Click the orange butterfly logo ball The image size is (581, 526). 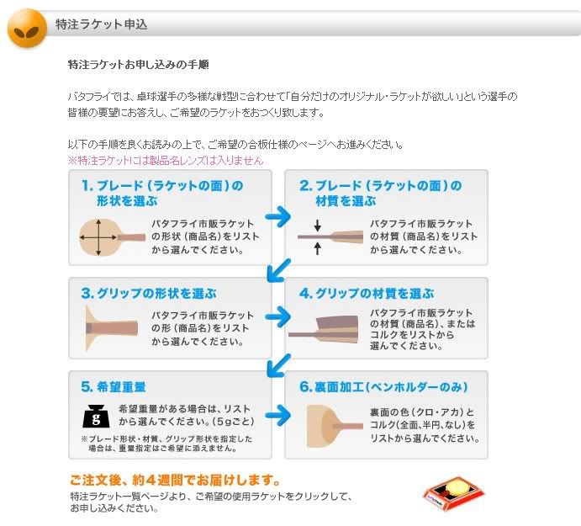click(28, 28)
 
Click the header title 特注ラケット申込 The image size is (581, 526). click(101, 24)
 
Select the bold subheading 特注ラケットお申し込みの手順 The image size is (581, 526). click(139, 65)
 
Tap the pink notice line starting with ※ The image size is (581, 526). click(166, 160)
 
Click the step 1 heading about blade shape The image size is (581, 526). click(162, 193)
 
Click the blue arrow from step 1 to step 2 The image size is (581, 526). click(278, 216)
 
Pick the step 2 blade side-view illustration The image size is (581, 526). click(330, 236)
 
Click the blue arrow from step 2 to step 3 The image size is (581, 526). click(278, 269)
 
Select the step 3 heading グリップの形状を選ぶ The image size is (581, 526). click(149, 294)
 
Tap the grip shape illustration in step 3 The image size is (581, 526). click(112, 328)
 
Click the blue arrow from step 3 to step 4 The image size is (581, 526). click(278, 316)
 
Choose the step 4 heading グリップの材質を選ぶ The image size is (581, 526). click(367, 294)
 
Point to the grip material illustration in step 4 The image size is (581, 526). click(324, 329)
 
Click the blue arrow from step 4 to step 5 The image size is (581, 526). click(278, 365)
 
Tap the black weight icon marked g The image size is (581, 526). click(96, 417)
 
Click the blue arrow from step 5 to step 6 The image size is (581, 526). click(278, 415)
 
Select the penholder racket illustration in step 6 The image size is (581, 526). click(335, 426)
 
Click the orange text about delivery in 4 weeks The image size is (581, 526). click(175, 480)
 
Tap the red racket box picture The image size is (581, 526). click(453, 493)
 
